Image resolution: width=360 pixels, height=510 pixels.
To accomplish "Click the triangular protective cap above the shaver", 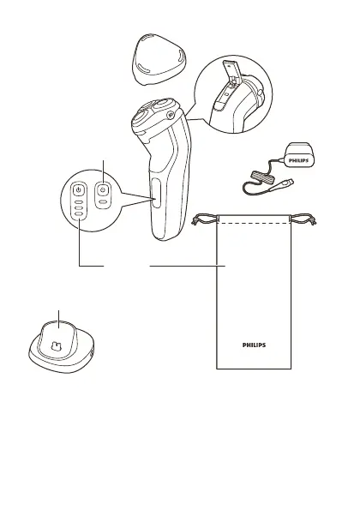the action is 159,58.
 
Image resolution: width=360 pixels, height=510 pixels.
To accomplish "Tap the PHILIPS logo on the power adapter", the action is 298,160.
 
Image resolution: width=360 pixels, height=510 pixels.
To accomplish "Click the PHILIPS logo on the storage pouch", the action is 254,345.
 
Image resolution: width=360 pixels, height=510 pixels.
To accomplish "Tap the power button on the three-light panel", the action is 78,189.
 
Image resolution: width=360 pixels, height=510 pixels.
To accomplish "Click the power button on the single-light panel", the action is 103,189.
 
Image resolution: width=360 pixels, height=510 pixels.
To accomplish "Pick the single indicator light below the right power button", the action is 103,202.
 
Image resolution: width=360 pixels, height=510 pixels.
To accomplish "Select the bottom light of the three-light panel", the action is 78,213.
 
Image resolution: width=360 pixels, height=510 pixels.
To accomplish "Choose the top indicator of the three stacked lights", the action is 78,201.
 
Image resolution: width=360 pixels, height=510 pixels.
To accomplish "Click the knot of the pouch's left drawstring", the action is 195,222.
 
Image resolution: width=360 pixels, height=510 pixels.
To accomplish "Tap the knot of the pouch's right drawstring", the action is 314,222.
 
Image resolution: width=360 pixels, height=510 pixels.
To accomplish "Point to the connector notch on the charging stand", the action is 57,346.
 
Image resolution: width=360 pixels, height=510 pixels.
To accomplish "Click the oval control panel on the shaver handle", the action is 156,193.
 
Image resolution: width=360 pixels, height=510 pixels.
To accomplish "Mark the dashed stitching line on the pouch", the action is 254,224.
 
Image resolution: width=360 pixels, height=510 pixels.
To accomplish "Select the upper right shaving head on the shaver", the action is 163,105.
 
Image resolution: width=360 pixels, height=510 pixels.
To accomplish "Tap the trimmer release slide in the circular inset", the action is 219,105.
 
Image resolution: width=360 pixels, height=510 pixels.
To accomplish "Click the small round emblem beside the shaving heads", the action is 169,114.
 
